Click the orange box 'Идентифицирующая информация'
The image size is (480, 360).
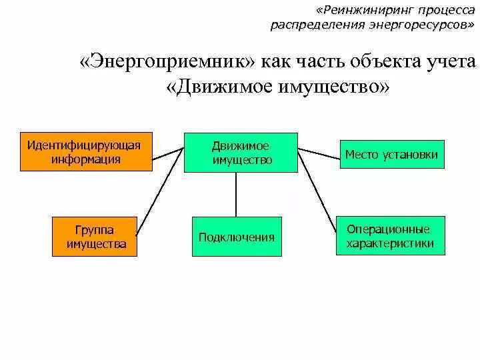pos(84,153)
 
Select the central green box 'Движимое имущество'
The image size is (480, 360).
pos(241,153)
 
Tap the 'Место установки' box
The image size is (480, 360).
pos(391,155)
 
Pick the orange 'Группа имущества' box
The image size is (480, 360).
pos(96,237)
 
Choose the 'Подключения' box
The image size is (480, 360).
pos(236,237)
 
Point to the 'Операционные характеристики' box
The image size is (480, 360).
pos(390,236)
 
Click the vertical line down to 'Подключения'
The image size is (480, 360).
pos(236,195)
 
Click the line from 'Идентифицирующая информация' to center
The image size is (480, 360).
pos(167,155)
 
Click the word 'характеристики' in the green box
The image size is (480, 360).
pos(390,243)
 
